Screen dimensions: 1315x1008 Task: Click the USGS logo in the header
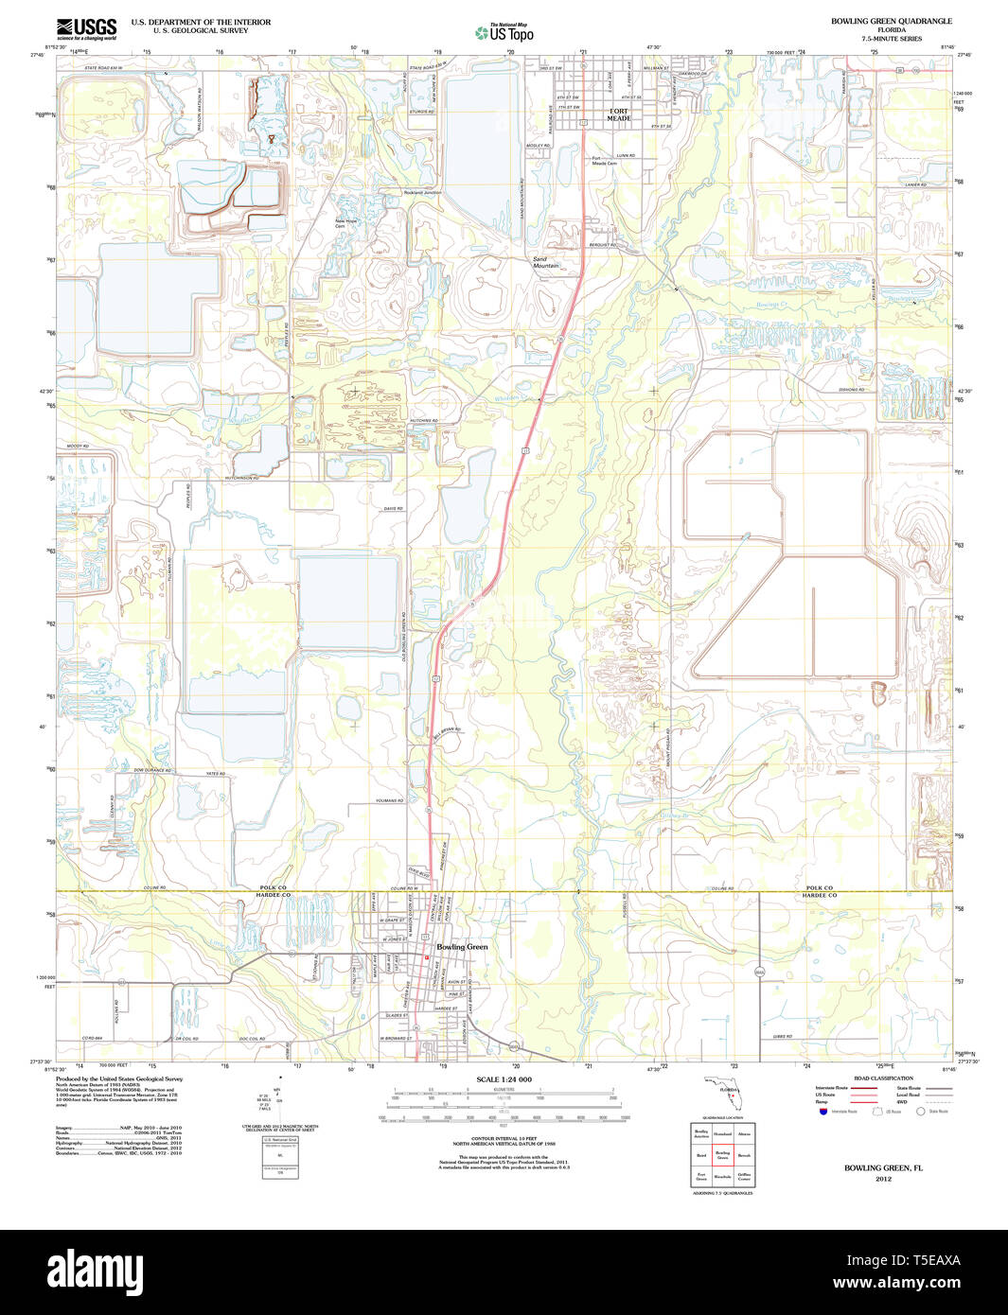86,28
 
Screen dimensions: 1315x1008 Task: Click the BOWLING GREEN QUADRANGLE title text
891,21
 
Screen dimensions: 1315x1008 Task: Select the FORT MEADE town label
618,114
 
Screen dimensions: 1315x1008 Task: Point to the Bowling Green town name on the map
462,947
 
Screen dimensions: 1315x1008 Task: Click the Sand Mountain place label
545,262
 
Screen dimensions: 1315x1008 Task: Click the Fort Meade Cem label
604,161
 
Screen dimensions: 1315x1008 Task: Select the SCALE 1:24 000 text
504,1079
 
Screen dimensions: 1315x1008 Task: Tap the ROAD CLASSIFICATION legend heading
882,1078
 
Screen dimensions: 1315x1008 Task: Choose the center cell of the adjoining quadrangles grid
722,1155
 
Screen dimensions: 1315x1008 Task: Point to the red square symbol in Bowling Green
427,956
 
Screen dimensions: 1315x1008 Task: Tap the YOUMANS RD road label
388,801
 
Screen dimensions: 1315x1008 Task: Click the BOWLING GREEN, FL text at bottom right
883,1168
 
